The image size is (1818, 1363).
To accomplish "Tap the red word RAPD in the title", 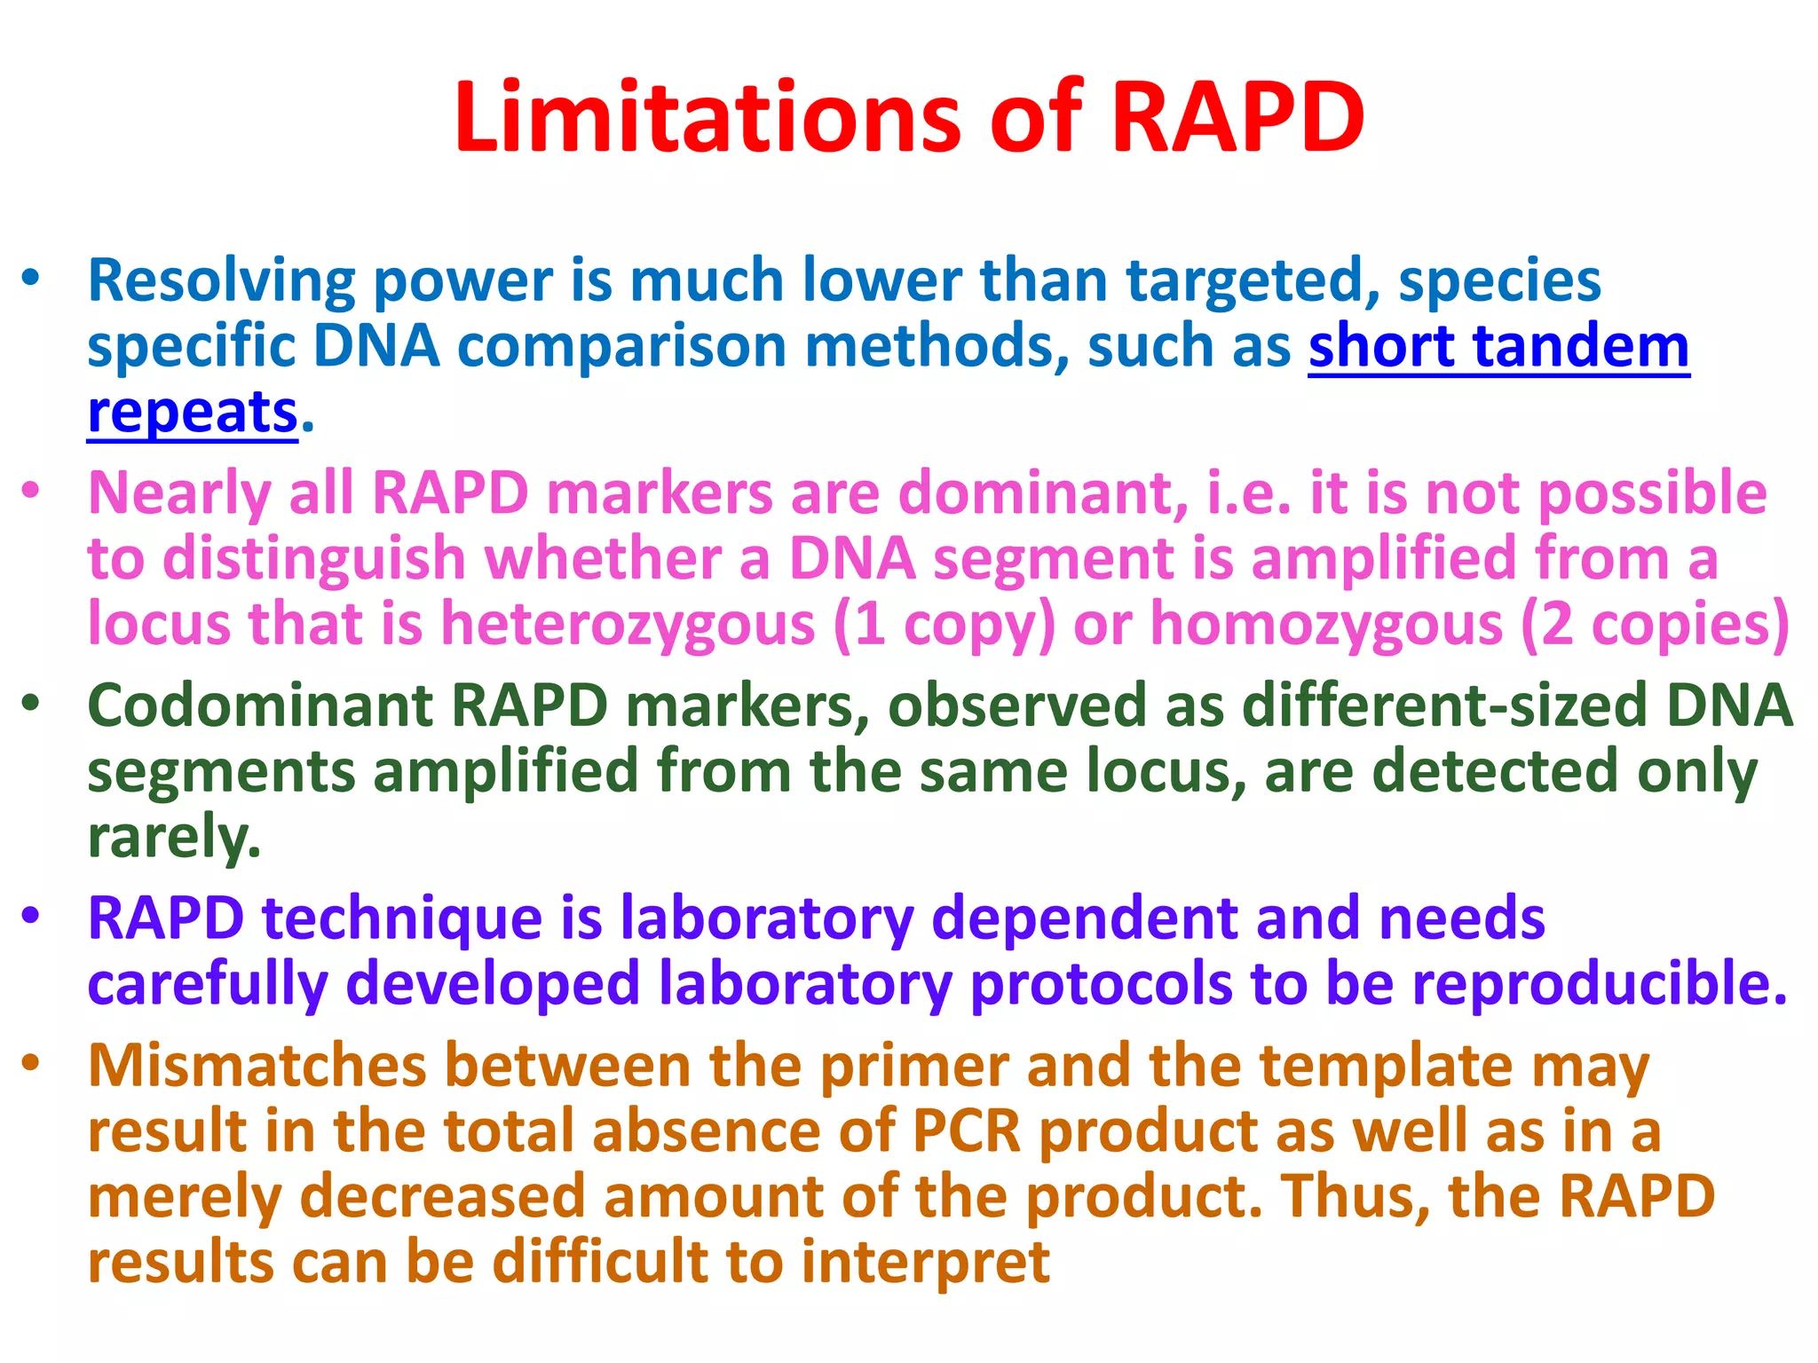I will pos(1237,117).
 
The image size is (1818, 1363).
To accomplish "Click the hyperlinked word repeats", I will pos(192,413).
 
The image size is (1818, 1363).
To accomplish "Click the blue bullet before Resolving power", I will pos(31,278).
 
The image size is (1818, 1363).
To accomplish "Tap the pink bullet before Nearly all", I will pos(31,491).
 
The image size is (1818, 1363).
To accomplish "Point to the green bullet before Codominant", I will pos(31,704).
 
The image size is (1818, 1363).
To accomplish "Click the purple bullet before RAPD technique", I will pos(31,916).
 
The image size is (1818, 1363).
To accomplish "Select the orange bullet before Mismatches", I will pos(31,1063).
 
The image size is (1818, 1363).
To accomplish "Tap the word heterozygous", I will pos(628,624).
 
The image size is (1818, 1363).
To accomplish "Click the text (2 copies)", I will pos(1655,624).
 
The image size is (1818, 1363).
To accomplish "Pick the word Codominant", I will pos(259,705).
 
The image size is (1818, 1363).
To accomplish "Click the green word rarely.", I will pos(174,838).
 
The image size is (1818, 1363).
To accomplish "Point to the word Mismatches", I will pos(257,1065).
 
